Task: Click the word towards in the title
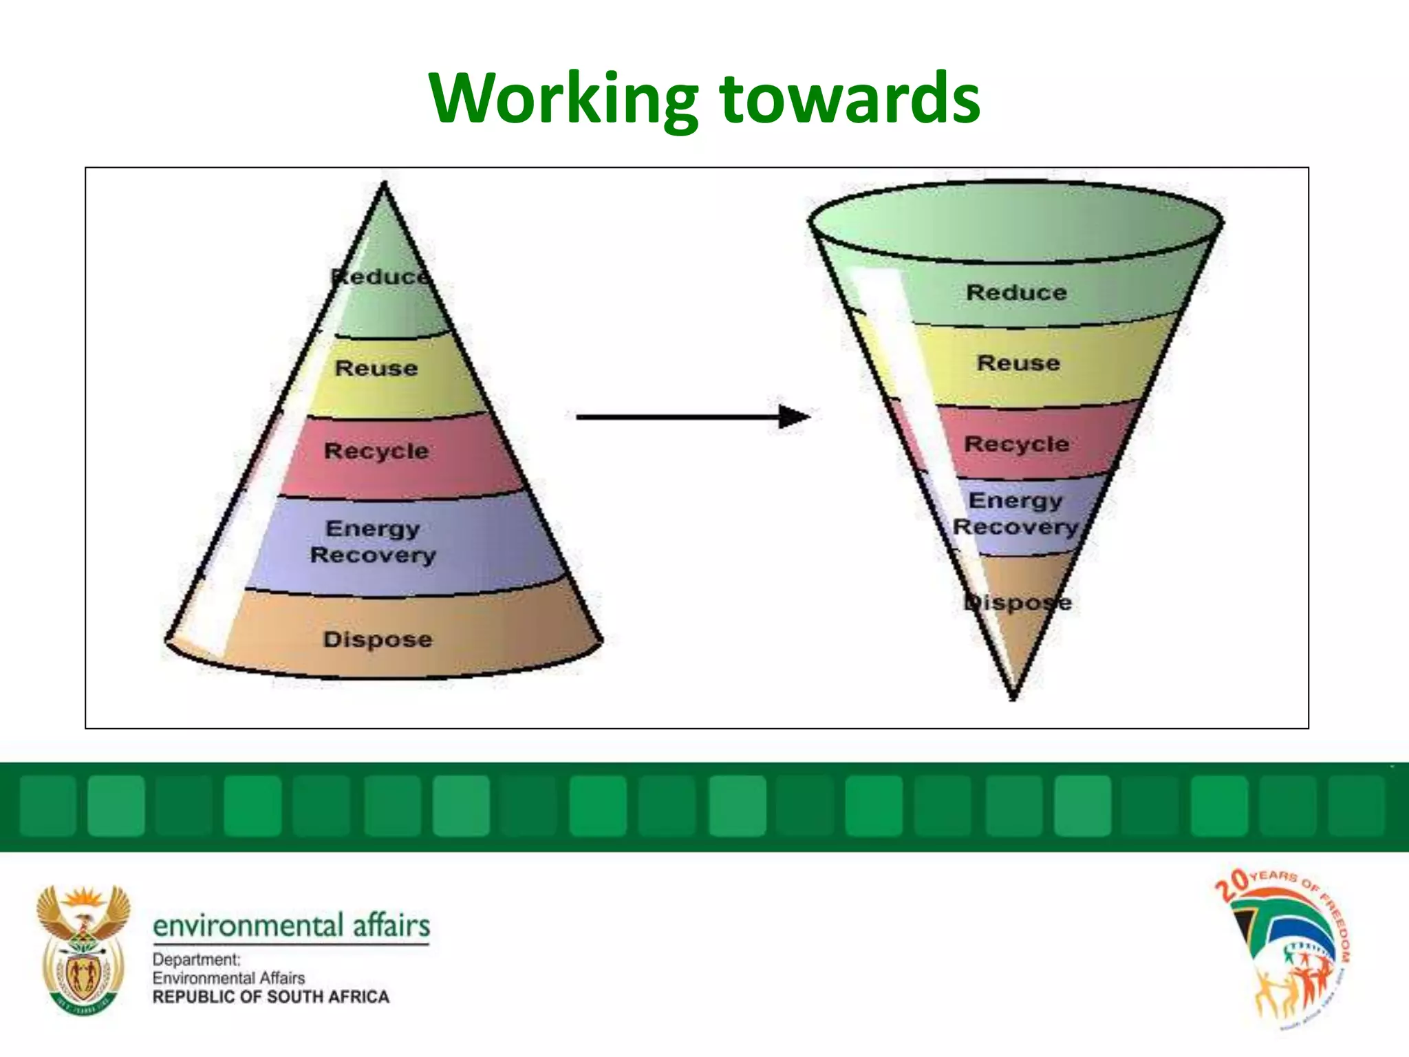[x=850, y=98]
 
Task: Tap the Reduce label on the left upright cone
[x=380, y=277]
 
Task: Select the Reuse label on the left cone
[x=376, y=368]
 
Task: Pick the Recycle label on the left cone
[x=376, y=451]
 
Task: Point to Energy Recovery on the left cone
[x=373, y=542]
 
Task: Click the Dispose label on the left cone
[x=378, y=639]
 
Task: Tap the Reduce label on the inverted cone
[x=1016, y=292]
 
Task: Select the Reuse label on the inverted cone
[x=1018, y=363]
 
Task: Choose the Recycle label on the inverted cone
[x=1016, y=444]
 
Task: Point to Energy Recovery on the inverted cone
[x=1015, y=513]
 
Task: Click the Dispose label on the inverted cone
[x=1018, y=603]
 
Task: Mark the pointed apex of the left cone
[x=385, y=184]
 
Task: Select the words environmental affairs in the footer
[x=291, y=926]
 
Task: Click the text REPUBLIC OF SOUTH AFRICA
[x=270, y=996]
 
